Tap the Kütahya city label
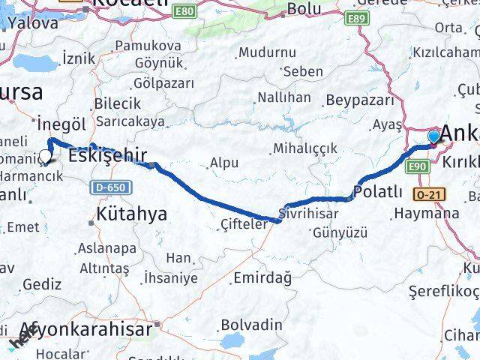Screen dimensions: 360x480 point(130,215)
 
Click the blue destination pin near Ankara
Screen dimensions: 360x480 point(434,136)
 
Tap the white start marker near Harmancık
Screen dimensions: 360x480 point(46,157)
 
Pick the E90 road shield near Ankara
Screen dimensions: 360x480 point(417,166)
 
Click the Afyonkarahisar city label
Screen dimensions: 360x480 point(88,328)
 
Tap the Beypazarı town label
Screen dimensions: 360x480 point(361,100)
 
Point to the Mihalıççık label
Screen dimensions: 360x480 point(305,148)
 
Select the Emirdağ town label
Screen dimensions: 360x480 point(262,277)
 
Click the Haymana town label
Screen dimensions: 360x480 point(426,214)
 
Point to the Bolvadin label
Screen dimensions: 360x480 point(252,325)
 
